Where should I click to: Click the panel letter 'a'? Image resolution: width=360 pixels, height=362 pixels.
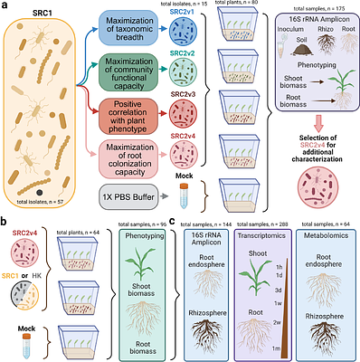(x=6, y=7)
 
